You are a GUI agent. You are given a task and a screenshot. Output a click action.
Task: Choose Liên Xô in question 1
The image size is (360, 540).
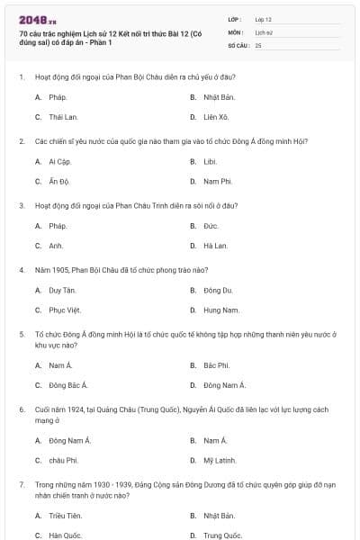point(215,117)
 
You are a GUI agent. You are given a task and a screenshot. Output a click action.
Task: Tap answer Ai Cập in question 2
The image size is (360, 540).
point(58,161)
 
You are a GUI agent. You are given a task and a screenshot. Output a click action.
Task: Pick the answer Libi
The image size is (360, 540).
point(210,161)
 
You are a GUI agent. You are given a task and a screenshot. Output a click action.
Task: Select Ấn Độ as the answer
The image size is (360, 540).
point(58,181)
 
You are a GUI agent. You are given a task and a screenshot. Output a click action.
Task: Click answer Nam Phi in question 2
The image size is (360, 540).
point(217,181)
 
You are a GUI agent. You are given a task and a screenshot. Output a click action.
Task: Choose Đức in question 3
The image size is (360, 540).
point(211,225)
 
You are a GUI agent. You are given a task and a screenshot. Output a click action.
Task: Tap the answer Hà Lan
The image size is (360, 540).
point(215,245)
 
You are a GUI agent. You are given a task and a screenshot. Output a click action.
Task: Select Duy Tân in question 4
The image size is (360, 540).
point(62,290)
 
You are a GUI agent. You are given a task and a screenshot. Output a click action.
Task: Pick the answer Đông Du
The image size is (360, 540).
point(217,290)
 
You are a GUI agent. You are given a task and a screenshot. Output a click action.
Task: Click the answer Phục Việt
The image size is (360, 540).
point(65,310)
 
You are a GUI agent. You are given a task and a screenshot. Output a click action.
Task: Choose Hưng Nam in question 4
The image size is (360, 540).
point(220,310)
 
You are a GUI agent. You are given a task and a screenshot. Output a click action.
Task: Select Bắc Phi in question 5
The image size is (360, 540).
point(216,365)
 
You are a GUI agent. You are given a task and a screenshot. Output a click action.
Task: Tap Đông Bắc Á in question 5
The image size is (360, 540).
point(67,385)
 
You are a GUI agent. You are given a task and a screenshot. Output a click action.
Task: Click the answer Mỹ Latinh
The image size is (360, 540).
point(219,460)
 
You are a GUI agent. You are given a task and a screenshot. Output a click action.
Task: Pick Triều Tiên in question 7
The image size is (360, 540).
point(65,516)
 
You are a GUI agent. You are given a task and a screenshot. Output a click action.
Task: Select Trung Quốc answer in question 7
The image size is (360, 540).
point(222,535)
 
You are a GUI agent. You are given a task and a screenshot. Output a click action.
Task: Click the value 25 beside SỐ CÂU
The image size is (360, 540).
point(258,44)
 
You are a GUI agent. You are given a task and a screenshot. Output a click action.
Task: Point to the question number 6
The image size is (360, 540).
point(22,409)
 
